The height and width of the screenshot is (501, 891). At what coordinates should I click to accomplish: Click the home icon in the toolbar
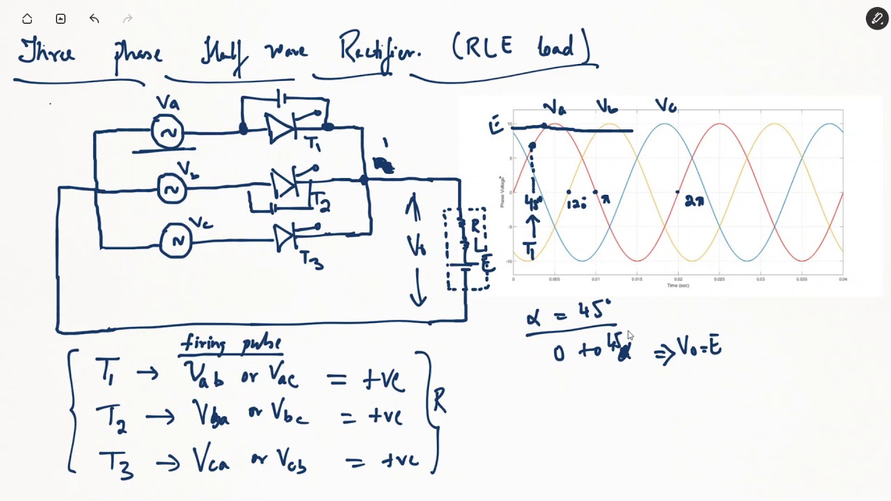(27, 19)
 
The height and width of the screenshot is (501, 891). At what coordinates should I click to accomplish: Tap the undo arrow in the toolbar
(94, 19)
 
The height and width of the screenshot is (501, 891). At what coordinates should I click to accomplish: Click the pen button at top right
(876, 19)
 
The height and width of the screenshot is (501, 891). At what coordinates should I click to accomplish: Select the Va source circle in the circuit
(168, 132)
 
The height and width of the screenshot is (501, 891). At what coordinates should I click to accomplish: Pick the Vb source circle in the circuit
(172, 189)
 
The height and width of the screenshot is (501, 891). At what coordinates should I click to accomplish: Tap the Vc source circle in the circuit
(176, 241)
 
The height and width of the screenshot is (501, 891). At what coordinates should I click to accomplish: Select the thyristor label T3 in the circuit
(311, 260)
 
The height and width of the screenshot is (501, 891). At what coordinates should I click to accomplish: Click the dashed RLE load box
(466, 248)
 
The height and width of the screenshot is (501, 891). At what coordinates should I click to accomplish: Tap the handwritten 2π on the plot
(694, 202)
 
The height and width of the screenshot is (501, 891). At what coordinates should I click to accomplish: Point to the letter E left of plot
(496, 126)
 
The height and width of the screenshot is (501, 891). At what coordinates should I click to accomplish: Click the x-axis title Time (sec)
(678, 285)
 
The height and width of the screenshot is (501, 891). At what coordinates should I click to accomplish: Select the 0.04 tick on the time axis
(843, 280)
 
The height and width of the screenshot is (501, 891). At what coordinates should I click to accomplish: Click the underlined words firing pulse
(231, 344)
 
